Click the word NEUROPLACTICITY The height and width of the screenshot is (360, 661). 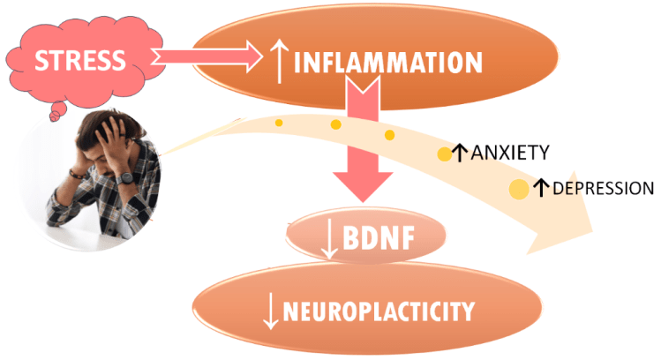tap(380, 311)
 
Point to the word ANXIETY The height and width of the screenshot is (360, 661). tap(510, 153)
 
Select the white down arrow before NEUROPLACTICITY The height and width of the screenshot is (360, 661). tap(272, 311)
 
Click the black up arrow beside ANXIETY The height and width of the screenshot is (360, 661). tap(459, 153)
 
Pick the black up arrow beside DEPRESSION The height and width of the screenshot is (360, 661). tap(541, 187)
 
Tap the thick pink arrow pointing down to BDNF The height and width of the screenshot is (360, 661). tap(362, 150)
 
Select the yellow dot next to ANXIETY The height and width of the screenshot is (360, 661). tap(444, 155)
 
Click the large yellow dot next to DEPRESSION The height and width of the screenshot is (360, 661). tap(520, 188)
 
